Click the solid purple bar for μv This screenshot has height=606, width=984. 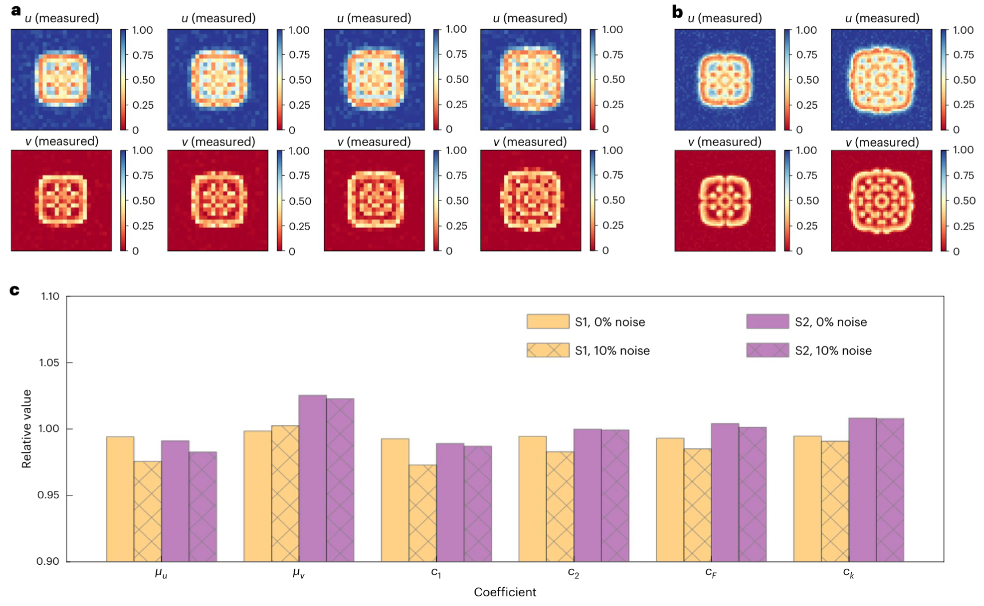tap(313, 478)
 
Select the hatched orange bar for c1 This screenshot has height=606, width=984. tap(422, 513)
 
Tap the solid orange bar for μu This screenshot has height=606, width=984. tap(120, 499)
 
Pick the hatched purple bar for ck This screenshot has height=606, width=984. tap(890, 490)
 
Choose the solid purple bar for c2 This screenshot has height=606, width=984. tap(587, 495)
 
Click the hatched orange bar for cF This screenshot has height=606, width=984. tap(697, 505)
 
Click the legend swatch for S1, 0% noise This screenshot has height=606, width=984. tap(548, 321)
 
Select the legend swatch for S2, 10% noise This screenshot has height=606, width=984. tap(767, 350)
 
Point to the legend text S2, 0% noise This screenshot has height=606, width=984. tap(831, 322)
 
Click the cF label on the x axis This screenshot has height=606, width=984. tap(711, 573)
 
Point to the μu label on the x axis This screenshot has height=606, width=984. tap(161, 573)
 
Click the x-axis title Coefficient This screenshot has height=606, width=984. tap(505, 592)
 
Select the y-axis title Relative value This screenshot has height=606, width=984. tap(26, 428)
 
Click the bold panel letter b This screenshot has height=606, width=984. tap(678, 12)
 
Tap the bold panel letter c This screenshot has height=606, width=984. tap(15, 290)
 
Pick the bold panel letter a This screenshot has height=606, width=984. tap(16, 10)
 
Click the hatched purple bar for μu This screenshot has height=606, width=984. tap(203, 506)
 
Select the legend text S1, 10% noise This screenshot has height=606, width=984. tap(612, 351)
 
